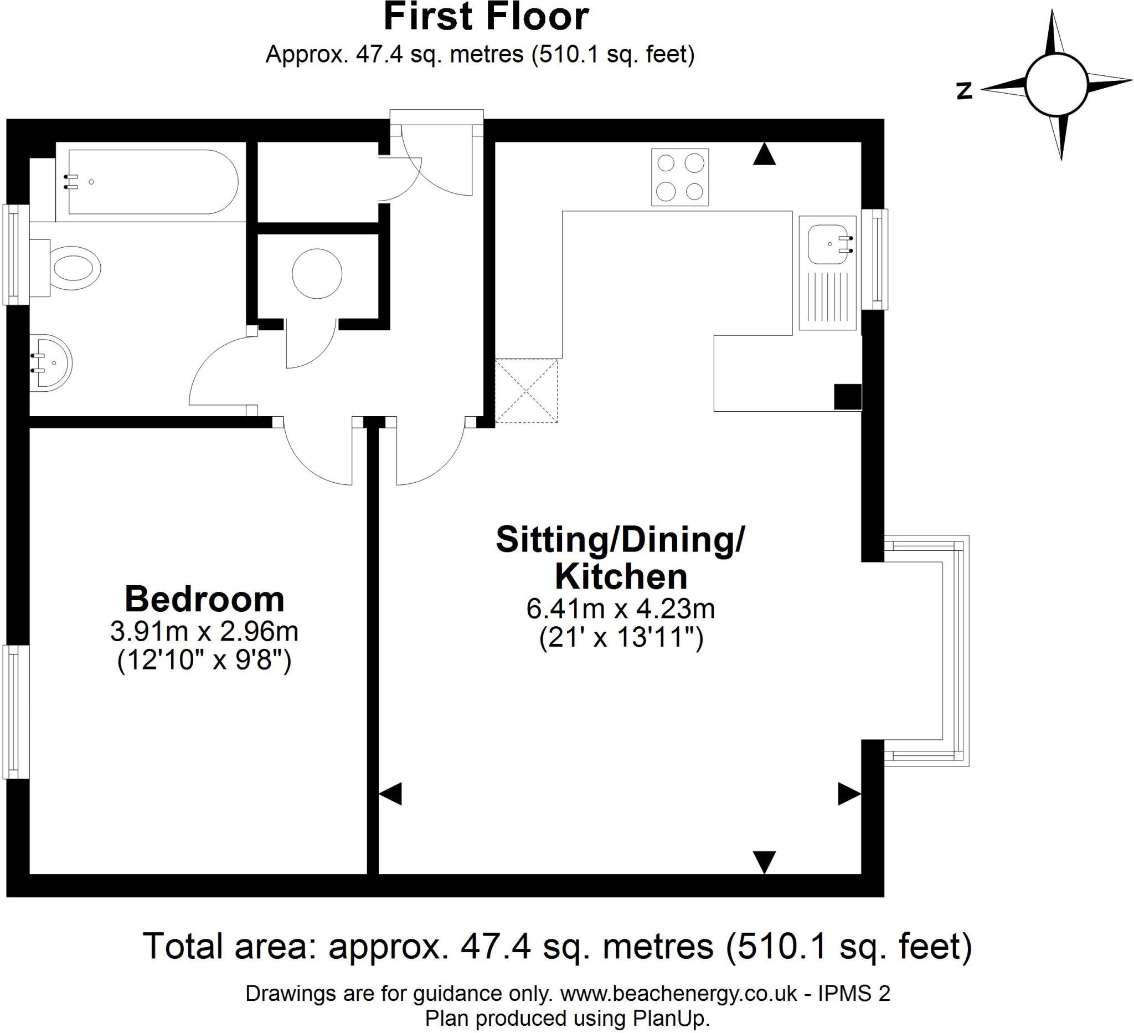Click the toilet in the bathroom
(x=73, y=268)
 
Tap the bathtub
(x=152, y=182)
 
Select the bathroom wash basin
(x=50, y=363)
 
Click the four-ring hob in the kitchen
(x=680, y=177)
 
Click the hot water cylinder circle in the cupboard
(x=317, y=274)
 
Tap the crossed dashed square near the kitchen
(x=527, y=391)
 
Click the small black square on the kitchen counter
(x=847, y=396)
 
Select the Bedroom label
(x=204, y=599)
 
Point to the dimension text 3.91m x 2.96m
(x=204, y=632)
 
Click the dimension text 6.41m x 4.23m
(x=621, y=608)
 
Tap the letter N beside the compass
(x=965, y=91)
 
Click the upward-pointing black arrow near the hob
(x=765, y=154)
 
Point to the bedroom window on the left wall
(x=16, y=712)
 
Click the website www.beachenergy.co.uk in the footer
(x=678, y=994)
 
